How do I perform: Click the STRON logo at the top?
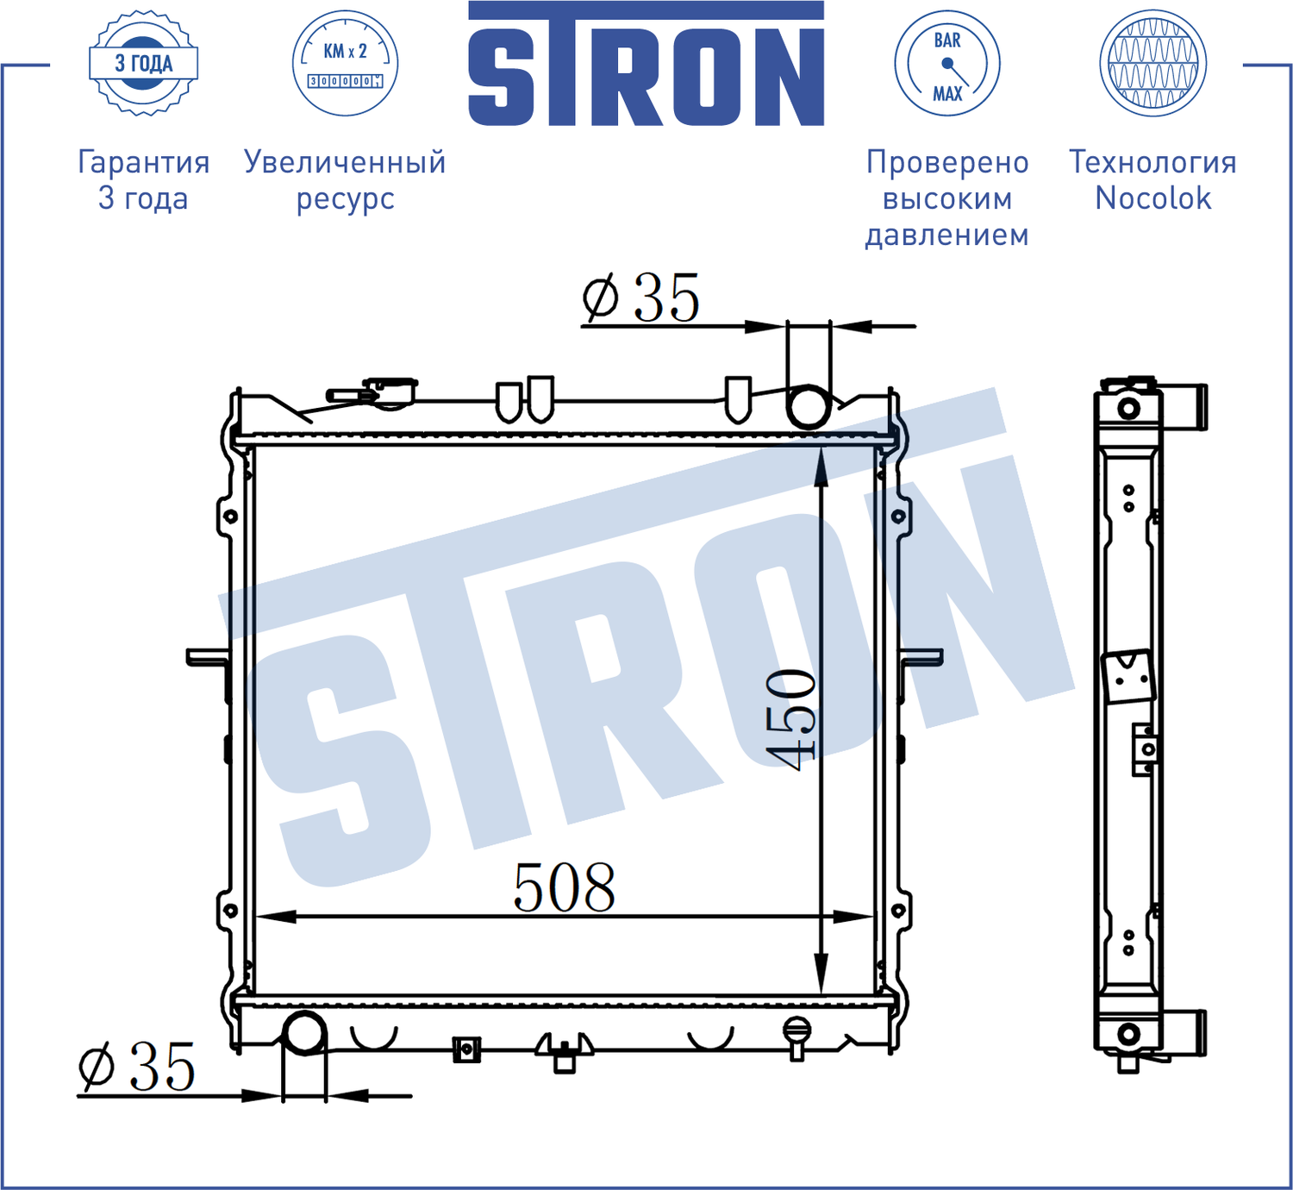click(646, 65)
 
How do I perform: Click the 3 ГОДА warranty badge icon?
click(143, 63)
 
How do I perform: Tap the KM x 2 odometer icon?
click(345, 63)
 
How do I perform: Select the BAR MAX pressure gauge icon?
click(946, 63)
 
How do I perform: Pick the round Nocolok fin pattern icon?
click(1152, 63)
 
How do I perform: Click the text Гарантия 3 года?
click(143, 179)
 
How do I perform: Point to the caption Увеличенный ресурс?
click(345, 179)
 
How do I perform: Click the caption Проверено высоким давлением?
click(946, 197)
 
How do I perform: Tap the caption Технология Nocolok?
click(1152, 179)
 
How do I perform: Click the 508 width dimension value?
click(565, 887)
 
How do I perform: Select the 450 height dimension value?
click(791, 717)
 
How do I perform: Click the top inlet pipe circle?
click(809, 406)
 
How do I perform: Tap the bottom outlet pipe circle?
click(304, 1032)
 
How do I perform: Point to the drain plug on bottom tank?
click(796, 1035)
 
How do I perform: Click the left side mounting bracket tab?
click(207, 658)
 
